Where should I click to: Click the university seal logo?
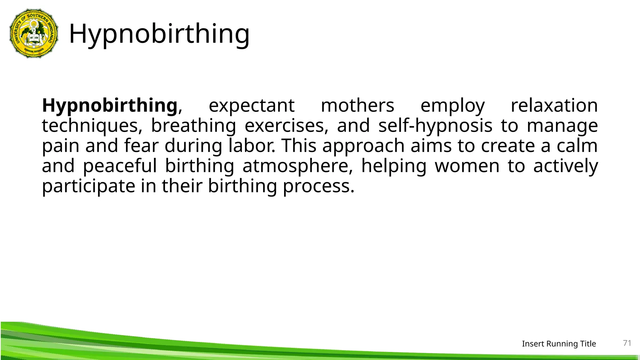[34, 33]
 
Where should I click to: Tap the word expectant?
[252, 105]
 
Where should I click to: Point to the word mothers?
[357, 105]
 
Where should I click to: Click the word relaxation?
[554, 105]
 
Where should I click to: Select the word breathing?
[193, 126]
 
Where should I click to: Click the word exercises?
[286, 126]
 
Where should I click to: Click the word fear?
[141, 146]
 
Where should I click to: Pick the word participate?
[88, 186]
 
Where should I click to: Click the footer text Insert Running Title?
[559, 344]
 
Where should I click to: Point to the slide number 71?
[627, 343]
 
